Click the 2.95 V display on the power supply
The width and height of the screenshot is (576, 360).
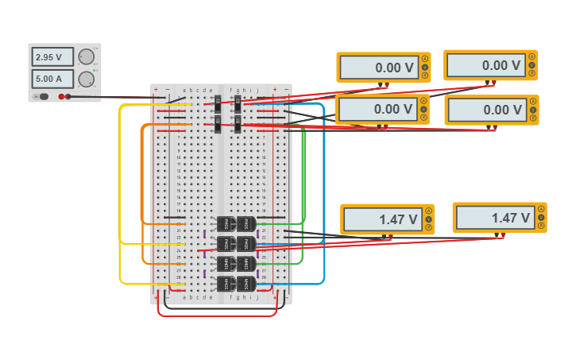[x=52, y=57]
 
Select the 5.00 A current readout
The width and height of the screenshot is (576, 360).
[x=52, y=79]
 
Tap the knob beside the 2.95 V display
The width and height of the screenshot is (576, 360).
[x=85, y=56]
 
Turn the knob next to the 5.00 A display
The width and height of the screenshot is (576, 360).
[x=85, y=79]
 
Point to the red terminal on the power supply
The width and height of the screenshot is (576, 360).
[x=61, y=97]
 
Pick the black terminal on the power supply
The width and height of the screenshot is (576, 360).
[x=69, y=97]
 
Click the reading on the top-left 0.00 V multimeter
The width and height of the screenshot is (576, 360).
[x=377, y=68]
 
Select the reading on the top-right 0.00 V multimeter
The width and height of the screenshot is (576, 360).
[x=485, y=66]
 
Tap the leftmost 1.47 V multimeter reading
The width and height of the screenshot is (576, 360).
[x=381, y=219]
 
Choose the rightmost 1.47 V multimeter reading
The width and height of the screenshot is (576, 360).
[x=493, y=218]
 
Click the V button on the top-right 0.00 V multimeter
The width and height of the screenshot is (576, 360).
[x=533, y=65]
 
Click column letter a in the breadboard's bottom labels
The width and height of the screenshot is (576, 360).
[x=184, y=297]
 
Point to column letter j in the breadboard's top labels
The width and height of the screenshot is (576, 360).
[x=257, y=90]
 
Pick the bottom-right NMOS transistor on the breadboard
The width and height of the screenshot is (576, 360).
[x=246, y=283]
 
